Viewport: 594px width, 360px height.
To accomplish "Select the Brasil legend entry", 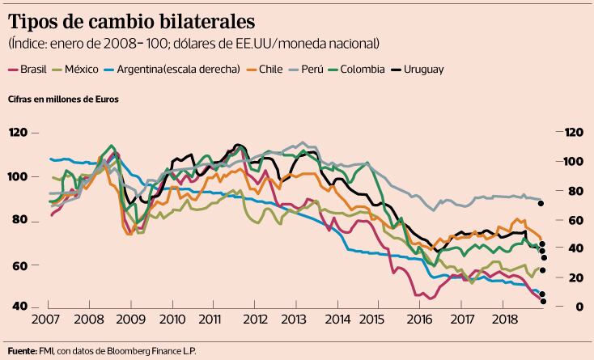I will click(33, 70).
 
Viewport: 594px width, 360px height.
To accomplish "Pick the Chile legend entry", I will click(271, 70).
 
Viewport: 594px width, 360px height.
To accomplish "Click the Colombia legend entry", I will click(363, 70).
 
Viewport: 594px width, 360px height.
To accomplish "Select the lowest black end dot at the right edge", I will click(544, 301).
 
